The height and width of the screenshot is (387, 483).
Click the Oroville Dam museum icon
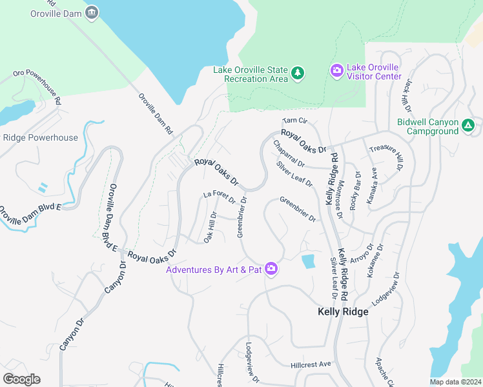[x=92, y=12]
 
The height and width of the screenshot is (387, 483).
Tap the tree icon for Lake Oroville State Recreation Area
[x=297, y=74]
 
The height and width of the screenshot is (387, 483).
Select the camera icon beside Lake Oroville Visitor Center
[x=336, y=70]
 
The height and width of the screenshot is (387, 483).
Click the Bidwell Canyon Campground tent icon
[x=469, y=126]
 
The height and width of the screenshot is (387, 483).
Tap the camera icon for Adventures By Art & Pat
[x=271, y=269]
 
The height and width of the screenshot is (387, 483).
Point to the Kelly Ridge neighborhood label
[x=343, y=312]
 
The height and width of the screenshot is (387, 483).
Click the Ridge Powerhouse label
[x=40, y=137]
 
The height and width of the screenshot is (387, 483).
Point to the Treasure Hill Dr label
[x=385, y=157]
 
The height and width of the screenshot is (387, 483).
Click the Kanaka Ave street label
[x=373, y=188]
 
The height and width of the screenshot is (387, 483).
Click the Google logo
[x=21, y=379]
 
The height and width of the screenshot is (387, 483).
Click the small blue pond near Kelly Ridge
[x=309, y=261]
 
